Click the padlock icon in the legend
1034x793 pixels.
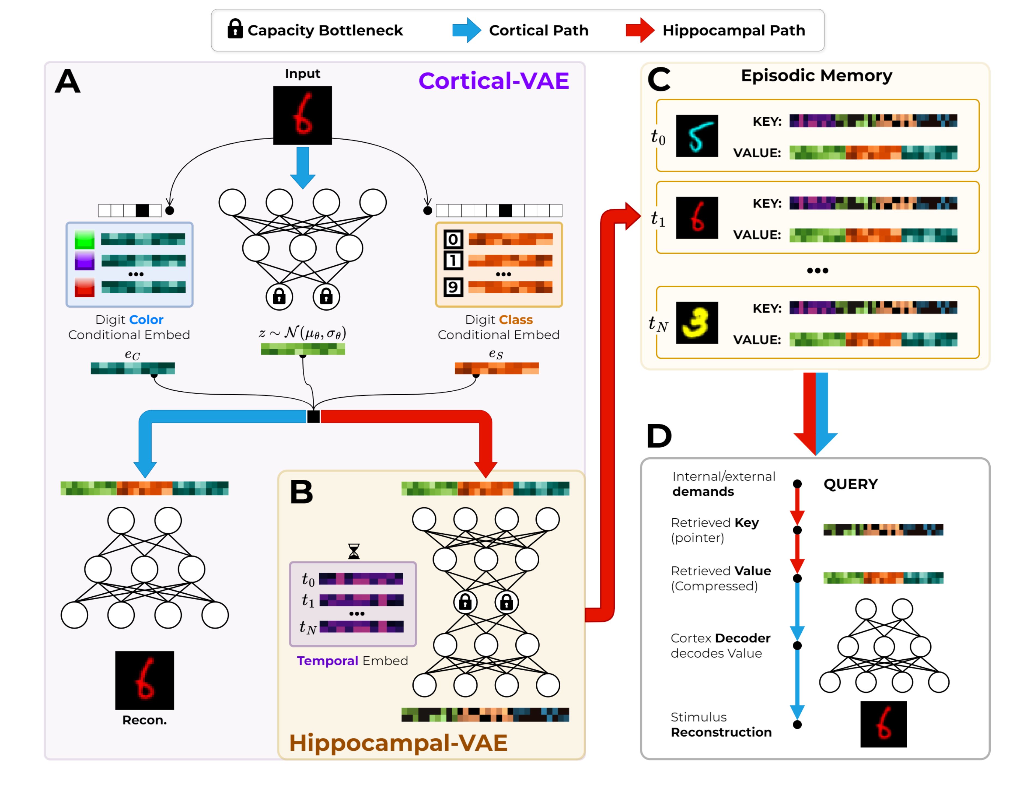click(x=235, y=29)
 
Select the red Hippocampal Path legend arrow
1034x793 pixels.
click(x=639, y=30)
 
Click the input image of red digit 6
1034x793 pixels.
click(x=302, y=115)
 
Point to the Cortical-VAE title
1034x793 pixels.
click(x=494, y=81)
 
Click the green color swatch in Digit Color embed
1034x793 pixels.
click(x=85, y=239)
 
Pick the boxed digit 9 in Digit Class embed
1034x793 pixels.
click(x=453, y=287)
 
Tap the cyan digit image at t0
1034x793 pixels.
click(x=697, y=136)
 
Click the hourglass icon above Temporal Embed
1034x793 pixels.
click(x=353, y=551)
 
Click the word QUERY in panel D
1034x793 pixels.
click(x=850, y=484)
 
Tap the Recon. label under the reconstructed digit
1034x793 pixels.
click(x=145, y=720)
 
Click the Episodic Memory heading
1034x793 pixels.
click(x=816, y=76)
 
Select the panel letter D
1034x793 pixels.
click(x=659, y=436)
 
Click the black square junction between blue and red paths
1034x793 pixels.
click(x=313, y=416)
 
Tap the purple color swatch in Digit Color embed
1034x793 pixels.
click(x=85, y=260)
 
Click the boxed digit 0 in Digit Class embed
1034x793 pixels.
click(x=453, y=239)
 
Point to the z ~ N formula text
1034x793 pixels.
click(x=302, y=333)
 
